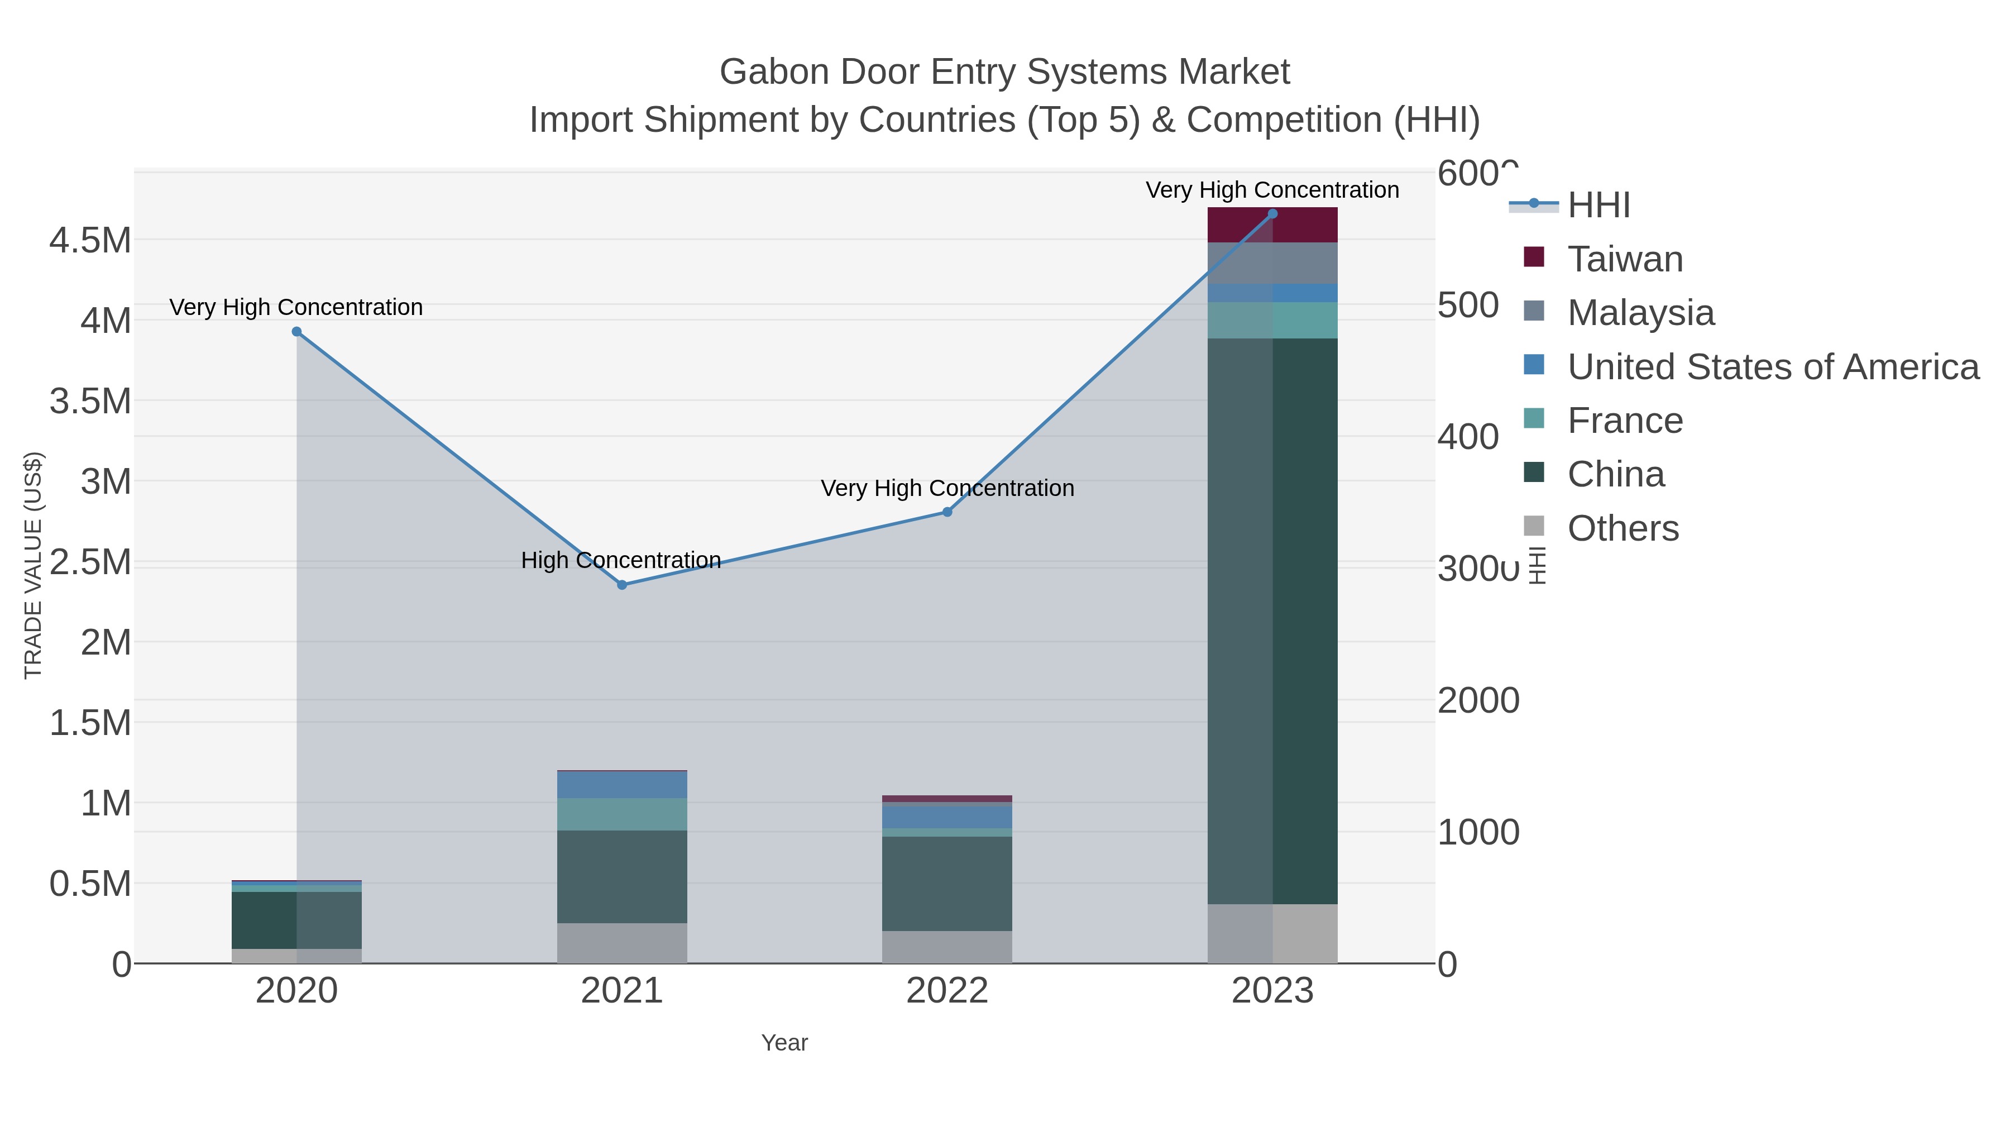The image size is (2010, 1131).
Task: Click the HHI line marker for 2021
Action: [622, 585]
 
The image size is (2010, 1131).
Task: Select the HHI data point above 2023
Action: [1272, 214]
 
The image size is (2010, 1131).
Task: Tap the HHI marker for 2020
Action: [296, 332]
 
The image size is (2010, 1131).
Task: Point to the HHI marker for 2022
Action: [947, 512]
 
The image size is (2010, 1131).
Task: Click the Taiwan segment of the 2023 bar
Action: [1272, 225]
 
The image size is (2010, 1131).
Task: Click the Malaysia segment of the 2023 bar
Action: [1272, 263]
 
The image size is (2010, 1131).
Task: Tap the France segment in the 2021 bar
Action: [622, 814]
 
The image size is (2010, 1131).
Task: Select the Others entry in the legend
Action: [1623, 528]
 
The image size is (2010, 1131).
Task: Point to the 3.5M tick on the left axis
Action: [90, 401]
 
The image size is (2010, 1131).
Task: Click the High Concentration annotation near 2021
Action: [621, 560]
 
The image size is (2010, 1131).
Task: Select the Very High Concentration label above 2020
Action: [296, 308]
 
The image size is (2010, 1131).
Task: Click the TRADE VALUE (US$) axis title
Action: [33, 565]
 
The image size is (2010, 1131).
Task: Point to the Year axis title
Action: [784, 1042]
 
